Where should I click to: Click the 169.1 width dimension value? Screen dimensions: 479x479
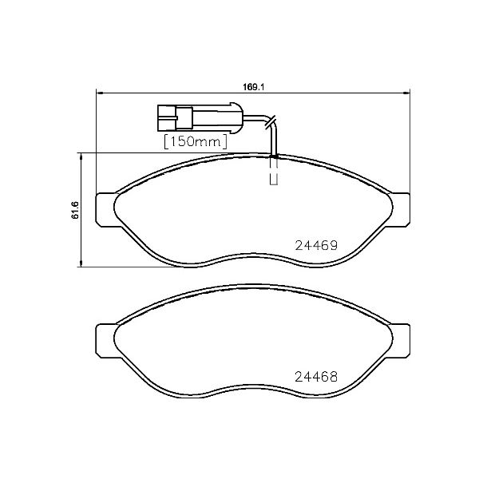tap(254, 80)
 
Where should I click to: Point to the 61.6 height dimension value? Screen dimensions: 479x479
tap(75, 211)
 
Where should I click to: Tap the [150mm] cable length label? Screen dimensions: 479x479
tap(196, 141)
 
